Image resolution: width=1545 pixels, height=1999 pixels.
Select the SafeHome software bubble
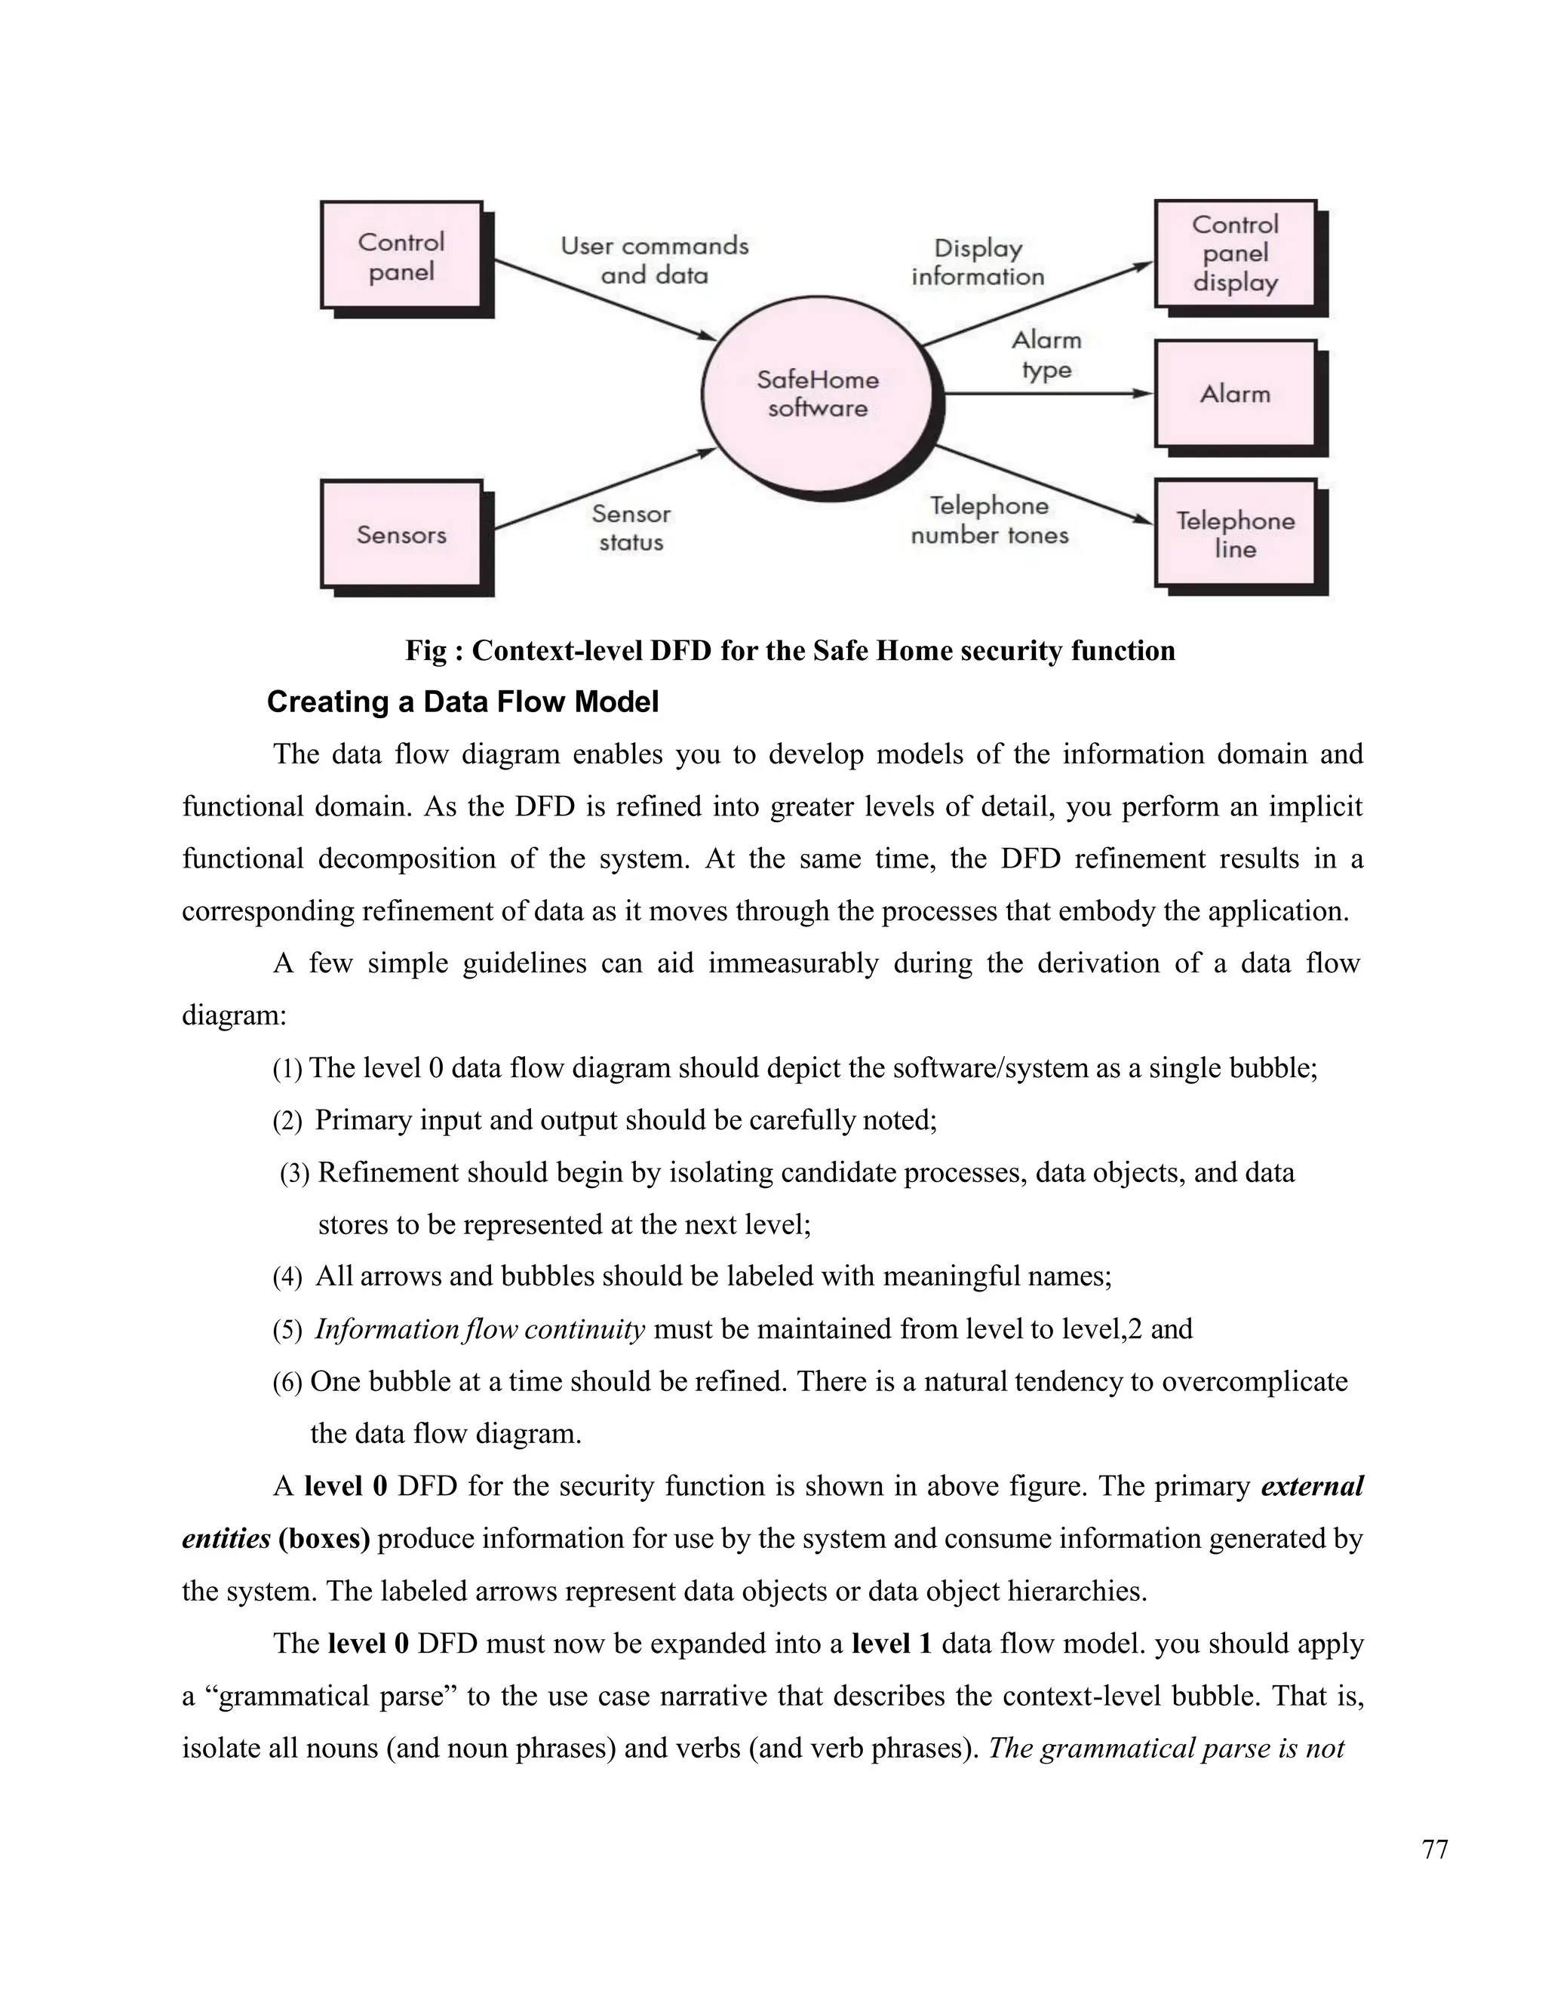click(817, 395)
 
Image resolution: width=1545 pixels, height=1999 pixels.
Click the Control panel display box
click(1235, 253)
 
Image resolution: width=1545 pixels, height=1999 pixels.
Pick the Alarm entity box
click(1235, 395)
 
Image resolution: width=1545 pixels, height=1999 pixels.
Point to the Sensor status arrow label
click(631, 528)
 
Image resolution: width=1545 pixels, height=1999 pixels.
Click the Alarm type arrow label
click(1046, 355)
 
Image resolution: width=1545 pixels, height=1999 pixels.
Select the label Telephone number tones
click(990, 520)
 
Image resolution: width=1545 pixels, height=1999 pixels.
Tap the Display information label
click(978, 263)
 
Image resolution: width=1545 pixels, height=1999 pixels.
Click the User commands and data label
click(654, 260)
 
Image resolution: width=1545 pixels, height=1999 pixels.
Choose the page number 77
click(1435, 1850)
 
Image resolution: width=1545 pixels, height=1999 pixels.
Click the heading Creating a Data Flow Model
click(462, 702)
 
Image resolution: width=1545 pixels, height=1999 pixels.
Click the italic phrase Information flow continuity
click(480, 1329)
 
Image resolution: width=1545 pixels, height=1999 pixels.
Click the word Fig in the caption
click(425, 651)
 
